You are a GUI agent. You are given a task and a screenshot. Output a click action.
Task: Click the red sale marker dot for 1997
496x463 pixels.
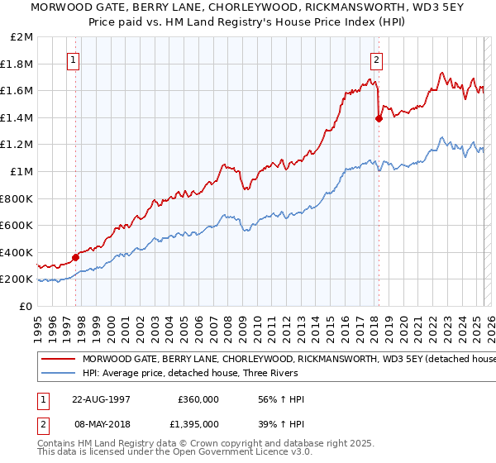75,257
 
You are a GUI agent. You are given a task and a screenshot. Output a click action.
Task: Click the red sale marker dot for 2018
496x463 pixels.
379,118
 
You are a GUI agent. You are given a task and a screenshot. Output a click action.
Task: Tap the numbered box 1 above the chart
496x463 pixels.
74,60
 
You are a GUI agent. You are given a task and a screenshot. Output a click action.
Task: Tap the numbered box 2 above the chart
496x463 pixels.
376,60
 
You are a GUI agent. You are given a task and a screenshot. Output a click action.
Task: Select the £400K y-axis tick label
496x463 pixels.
17,252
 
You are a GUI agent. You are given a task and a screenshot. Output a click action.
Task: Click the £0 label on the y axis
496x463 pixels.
26,306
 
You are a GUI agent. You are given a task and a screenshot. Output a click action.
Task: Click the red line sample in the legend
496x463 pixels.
58,360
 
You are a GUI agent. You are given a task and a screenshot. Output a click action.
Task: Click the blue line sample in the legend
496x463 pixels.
58,375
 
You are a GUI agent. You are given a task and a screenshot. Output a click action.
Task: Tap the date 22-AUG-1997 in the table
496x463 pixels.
102,399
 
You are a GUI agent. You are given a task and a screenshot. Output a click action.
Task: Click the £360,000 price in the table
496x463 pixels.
198,399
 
